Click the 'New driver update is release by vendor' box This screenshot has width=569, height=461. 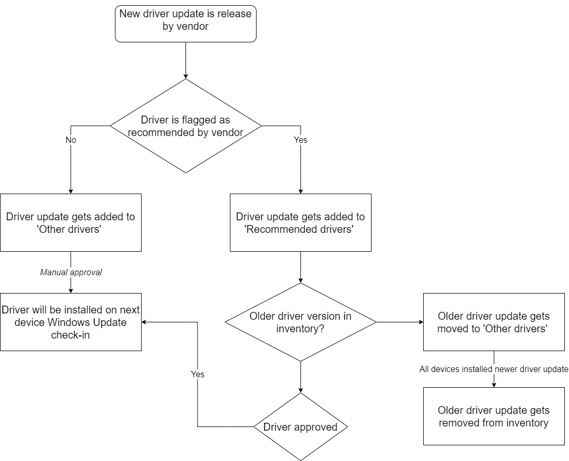185,23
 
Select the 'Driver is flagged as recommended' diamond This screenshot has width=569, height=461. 185,126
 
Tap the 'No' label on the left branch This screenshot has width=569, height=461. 71,140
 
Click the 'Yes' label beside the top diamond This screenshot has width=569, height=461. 300,140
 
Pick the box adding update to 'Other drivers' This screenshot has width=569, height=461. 71,222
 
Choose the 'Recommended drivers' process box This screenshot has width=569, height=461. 300,222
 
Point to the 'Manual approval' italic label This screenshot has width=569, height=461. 71,272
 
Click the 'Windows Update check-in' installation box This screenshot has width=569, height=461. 71,322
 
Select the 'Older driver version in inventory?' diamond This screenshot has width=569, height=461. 300,322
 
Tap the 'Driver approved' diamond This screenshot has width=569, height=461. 300,427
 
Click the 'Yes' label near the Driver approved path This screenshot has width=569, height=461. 198,374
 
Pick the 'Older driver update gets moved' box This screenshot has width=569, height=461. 494,322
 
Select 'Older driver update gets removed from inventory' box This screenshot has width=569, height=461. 494,416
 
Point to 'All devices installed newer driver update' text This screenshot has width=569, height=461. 493,369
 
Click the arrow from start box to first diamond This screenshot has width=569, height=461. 185,60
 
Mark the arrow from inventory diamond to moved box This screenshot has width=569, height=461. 400,322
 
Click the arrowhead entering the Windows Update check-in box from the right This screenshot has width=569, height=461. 145,322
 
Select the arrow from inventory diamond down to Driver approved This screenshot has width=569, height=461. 300,377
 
